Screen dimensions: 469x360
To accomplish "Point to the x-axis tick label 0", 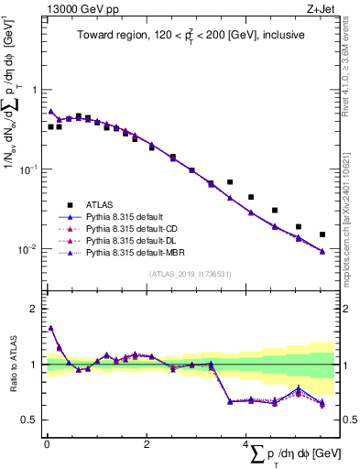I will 46,445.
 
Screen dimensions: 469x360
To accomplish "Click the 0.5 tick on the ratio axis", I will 30,420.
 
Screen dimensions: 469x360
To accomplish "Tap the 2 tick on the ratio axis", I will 35,309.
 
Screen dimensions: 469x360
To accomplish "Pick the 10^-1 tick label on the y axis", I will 27,169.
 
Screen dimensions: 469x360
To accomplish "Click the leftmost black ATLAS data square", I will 50,126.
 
